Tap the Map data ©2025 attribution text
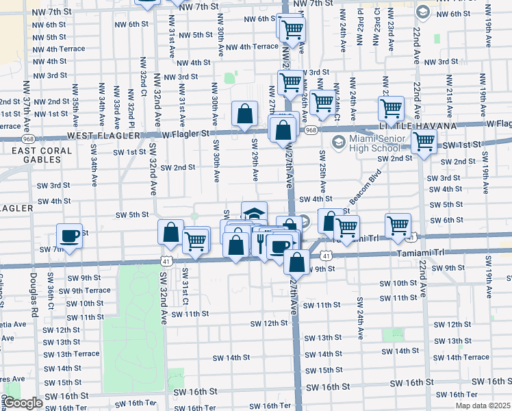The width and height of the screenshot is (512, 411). click(483, 406)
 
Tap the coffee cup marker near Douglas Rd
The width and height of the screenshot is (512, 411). click(69, 235)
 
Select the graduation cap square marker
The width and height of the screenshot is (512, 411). click(253, 213)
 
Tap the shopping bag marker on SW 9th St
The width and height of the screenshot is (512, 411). click(297, 260)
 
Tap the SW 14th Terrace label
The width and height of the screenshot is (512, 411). click(461, 357)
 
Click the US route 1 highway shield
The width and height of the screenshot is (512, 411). click(411, 236)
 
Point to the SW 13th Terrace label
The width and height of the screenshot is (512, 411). click(67, 354)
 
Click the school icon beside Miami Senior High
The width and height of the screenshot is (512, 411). click(337, 142)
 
